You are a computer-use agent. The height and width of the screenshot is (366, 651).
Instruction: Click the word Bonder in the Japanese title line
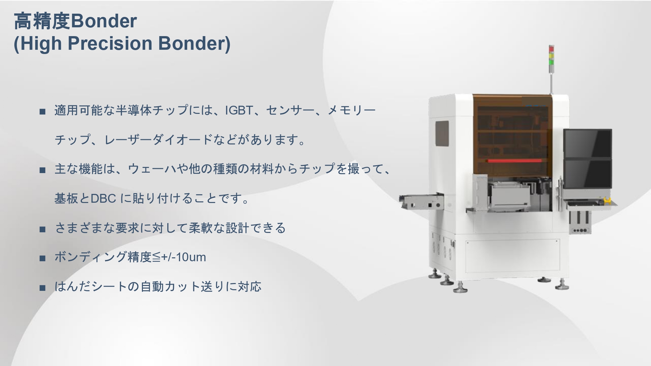tap(104, 21)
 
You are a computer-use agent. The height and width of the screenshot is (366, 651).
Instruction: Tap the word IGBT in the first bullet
tap(239, 110)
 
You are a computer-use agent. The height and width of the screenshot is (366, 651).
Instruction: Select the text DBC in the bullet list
tap(103, 198)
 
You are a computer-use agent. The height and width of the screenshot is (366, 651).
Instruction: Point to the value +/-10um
tap(184, 257)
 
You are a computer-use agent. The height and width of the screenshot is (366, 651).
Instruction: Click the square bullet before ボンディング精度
tap(42, 258)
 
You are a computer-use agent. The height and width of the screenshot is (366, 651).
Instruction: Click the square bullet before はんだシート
tap(42, 288)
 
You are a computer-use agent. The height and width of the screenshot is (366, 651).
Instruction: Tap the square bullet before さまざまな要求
tap(42, 229)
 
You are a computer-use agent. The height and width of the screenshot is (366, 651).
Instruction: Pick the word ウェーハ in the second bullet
tap(152, 169)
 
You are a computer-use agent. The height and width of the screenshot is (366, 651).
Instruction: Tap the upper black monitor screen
tap(588, 143)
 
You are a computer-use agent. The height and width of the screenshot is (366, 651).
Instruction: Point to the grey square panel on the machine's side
tap(442, 133)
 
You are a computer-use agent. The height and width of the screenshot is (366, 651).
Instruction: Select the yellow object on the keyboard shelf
tap(606, 201)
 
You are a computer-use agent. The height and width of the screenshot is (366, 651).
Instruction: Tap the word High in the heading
tap(41, 43)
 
